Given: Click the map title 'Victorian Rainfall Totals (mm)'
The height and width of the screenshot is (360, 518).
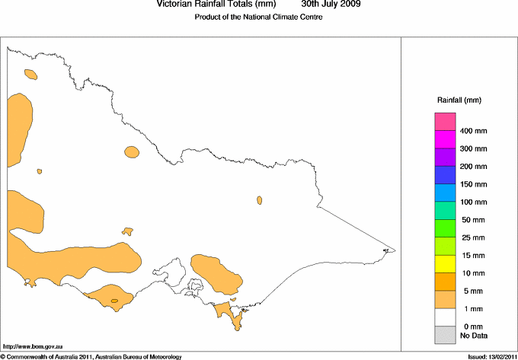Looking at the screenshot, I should [216, 5].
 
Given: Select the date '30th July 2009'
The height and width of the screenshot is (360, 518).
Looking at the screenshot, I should [331, 5].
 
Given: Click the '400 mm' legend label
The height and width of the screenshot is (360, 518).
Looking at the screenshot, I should [474, 131].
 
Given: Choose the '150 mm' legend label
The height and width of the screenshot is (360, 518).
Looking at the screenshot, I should [474, 184].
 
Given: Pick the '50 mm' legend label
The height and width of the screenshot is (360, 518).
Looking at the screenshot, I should [474, 220].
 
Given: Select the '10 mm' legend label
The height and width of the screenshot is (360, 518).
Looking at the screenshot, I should [474, 273].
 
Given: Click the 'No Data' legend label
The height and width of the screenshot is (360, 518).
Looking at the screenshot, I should [474, 335].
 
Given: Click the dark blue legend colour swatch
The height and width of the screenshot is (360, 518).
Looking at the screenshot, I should [445, 175].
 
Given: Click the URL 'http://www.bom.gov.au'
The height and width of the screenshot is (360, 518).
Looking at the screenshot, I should [34, 347].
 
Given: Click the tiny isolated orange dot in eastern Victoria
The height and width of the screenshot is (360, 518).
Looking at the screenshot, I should [260, 200].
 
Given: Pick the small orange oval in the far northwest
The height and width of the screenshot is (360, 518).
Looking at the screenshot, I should [30, 75].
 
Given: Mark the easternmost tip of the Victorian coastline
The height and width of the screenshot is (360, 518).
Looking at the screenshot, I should [394, 250].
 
